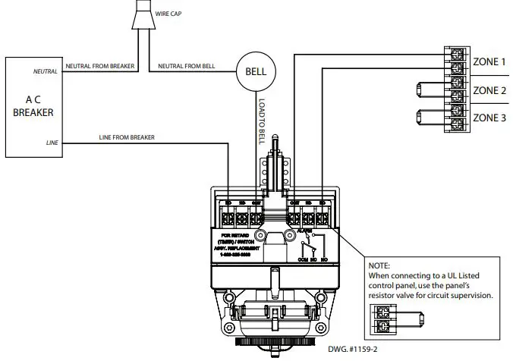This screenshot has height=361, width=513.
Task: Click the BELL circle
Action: tap(250, 74)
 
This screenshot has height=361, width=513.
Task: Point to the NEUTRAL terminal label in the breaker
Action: tap(45, 71)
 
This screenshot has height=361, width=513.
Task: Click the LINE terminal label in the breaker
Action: tap(52, 142)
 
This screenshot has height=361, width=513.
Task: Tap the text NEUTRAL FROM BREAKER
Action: tap(99, 67)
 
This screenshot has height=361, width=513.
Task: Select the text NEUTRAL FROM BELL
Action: tap(187, 67)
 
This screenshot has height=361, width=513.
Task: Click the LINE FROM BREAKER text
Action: tap(127, 137)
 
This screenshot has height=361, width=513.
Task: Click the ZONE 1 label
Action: tap(489, 61)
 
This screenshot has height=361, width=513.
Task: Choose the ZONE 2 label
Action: tap(489, 90)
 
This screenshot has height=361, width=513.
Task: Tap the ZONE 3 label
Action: tap(489, 118)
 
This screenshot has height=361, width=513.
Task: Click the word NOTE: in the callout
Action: tap(379, 266)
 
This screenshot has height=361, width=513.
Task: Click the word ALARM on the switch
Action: tap(306, 229)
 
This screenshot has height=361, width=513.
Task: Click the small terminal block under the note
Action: tap(381, 318)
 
